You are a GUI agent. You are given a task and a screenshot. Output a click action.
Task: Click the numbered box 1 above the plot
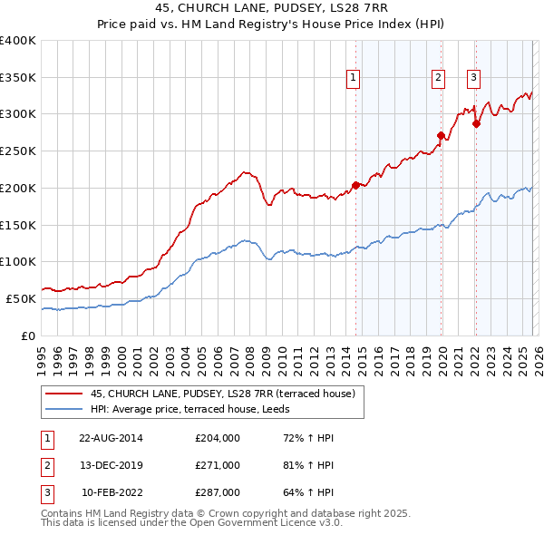click(x=353, y=78)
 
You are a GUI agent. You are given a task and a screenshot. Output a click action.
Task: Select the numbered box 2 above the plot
click(x=438, y=78)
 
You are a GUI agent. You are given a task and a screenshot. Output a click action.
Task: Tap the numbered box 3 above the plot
click(x=473, y=78)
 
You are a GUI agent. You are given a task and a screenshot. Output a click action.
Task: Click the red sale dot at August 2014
click(x=355, y=185)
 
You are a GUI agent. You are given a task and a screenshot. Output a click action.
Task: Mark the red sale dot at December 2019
click(x=442, y=136)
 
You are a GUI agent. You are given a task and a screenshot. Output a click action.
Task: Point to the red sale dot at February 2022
click(x=476, y=123)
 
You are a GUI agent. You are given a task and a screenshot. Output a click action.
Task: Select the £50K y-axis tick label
click(x=21, y=298)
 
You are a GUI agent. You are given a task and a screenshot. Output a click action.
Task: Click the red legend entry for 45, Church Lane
click(x=228, y=393)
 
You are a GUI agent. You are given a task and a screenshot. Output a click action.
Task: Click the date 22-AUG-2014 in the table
click(x=112, y=438)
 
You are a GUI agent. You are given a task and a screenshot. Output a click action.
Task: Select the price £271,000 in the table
click(x=218, y=465)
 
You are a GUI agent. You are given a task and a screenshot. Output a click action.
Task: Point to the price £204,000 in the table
click(x=218, y=438)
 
